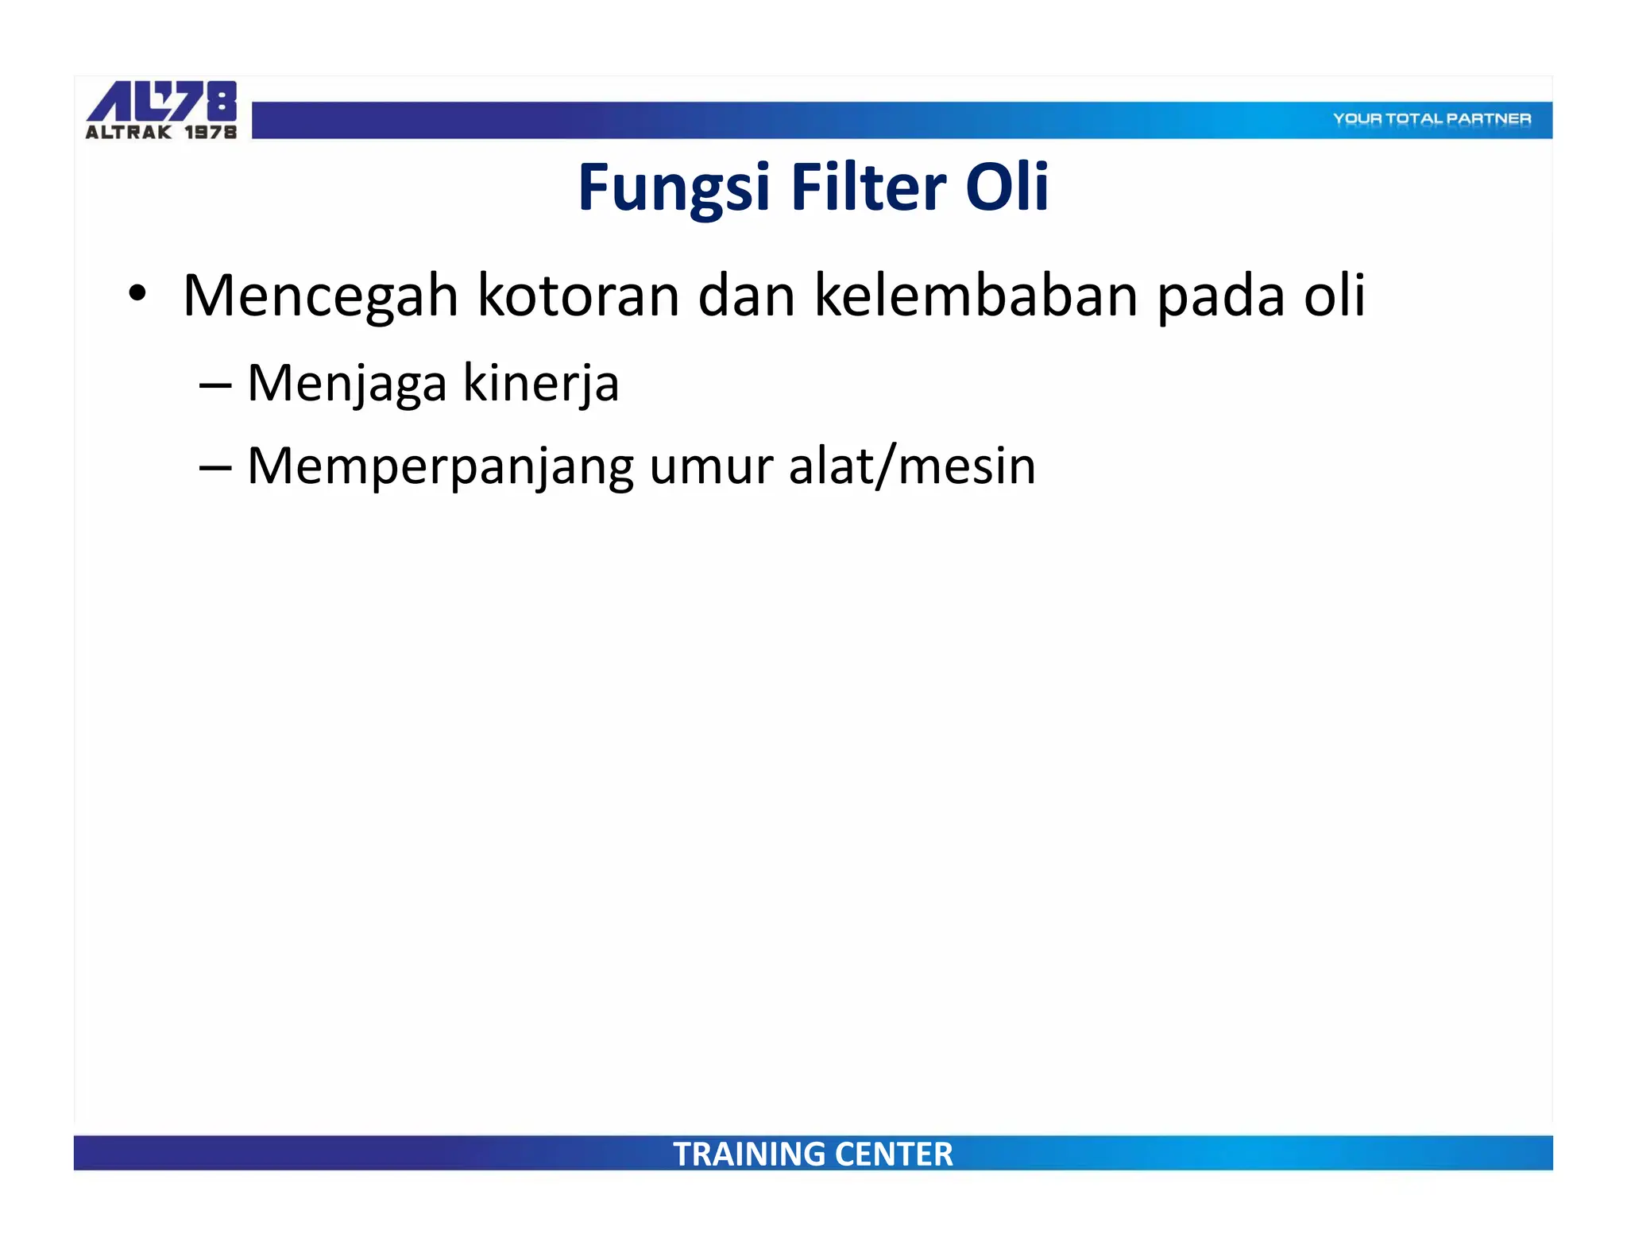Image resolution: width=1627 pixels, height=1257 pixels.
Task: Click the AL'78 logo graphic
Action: [x=162, y=101]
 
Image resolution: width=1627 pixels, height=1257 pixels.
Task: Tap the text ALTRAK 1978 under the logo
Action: [x=161, y=133]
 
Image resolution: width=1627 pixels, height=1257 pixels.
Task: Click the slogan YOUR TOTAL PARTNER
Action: [x=1432, y=119]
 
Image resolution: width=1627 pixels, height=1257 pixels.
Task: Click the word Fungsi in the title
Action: [x=674, y=188]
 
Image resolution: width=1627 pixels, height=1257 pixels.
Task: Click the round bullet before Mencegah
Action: [x=137, y=293]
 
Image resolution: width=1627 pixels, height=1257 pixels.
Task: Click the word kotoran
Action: [x=578, y=296]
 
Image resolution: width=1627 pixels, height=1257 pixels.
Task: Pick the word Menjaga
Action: [x=347, y=385]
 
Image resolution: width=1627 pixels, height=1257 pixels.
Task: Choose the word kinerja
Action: [x=540, y=385]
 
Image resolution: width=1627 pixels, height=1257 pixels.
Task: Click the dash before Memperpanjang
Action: [x=215, y=468]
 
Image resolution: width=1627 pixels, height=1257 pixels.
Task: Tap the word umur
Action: [x=711, y=467]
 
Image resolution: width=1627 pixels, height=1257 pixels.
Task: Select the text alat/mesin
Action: [x=912, y=466]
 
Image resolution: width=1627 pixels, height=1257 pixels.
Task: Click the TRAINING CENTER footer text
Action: [x=813, y=1154]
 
